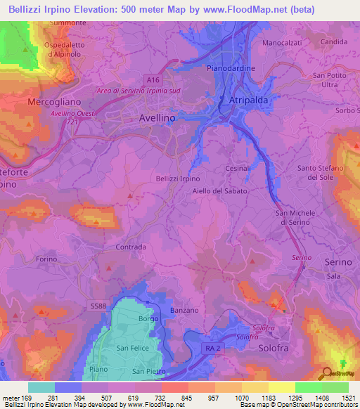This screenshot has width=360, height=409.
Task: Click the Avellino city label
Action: [x=157, y=119]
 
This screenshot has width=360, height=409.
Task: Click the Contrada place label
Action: [x=130, y=247]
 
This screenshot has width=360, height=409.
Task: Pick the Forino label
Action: [x=46, y=259]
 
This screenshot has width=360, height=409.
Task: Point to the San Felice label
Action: [x=131, y=349]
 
